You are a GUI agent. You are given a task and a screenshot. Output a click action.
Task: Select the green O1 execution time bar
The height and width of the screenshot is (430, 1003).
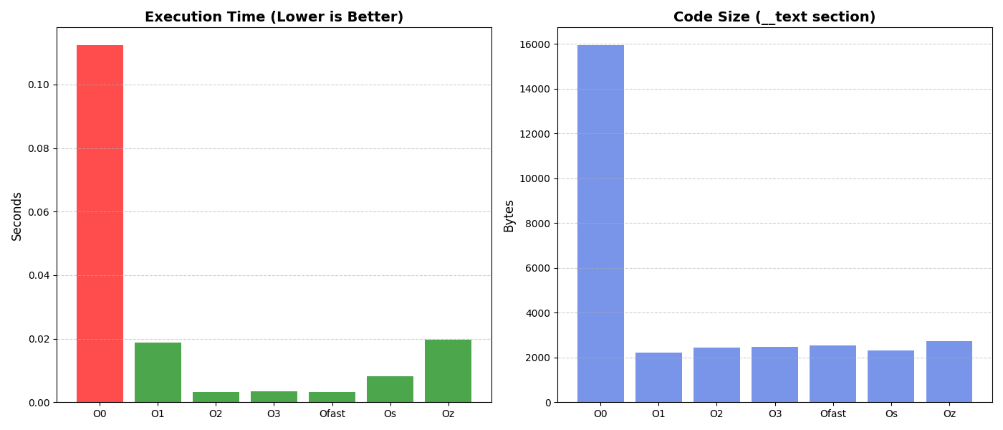pyautogui.click(x=158, y=373)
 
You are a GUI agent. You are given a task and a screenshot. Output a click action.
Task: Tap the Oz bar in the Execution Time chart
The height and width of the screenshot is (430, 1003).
pyautogui.click(x=448, y=371)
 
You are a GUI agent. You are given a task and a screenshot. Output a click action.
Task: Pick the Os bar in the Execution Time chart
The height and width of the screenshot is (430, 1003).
pyautogui.click(x=390, y=389)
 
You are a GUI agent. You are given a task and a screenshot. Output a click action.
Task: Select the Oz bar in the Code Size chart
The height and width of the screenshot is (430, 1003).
pyautogui.click(x=949, y=372)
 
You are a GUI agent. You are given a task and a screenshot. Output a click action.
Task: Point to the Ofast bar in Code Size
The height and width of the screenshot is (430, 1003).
pyautogui.click(x=832, y=374)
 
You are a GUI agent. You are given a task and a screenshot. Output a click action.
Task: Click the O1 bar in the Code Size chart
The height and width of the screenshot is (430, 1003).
pyautogui.click(x=658, y=378)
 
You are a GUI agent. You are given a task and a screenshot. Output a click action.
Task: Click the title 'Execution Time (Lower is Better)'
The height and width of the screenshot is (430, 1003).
pyautogui.click(x=274, y=17)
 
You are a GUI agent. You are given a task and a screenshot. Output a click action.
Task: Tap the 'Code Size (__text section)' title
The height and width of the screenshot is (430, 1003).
pyautogui.click(x=774, y=17)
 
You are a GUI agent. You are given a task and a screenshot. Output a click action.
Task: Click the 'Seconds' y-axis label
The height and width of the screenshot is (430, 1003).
pyautogui.click(x=17, y=216)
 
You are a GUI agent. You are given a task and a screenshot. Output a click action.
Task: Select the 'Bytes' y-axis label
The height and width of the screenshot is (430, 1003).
pyautogui.click(x=509, y=216)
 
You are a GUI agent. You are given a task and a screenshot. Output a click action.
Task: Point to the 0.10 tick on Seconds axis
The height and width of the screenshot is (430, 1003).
pyautogui.click(x=39, y=85)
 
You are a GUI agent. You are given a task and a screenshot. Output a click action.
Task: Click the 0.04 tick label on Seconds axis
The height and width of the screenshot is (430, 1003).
pyautogui.click(x=39, y=275)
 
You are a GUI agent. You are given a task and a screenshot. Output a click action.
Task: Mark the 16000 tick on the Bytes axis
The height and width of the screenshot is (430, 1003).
pyautogui.click(x=536, y=44)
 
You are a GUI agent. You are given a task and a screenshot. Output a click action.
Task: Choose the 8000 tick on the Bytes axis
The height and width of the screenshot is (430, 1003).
pyautogui.click(x=538, y=224)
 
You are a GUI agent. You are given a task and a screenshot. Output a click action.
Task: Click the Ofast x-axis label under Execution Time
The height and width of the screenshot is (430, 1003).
pyautogui.click(x=332, y=414)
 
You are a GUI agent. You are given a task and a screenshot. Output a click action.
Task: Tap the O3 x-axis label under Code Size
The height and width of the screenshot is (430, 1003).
pyautogui.click(x=774, y=414)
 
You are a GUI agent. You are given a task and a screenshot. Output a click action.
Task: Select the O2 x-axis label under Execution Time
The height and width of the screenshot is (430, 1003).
pyautogui.click(x=216, y=414)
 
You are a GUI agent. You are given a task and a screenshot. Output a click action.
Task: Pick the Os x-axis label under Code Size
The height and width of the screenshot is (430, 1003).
pyautogui.click(x=891, y=414)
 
